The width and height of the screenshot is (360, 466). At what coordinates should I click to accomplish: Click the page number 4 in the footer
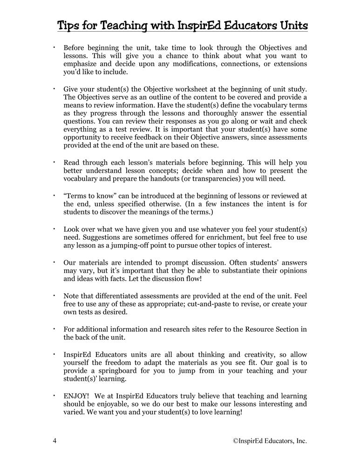(x=54, y=440)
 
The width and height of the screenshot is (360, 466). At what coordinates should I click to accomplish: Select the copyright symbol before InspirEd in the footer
(x=236, y=440)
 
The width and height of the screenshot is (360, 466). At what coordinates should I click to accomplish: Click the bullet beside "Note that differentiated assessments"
(x=54, y=295)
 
